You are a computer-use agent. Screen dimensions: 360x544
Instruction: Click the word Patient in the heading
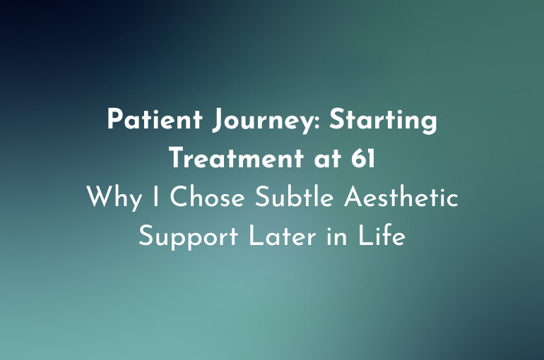(x=149, y=120)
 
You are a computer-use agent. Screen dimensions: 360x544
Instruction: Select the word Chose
(x=204, y=198)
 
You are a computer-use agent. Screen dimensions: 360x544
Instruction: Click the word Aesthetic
(x=401, y=198)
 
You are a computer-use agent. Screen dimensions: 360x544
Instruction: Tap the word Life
(x=385, y=236)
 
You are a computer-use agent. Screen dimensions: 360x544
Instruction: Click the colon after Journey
(x=322, y=123)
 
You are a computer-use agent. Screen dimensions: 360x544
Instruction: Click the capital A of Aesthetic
(x=354, y=198)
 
